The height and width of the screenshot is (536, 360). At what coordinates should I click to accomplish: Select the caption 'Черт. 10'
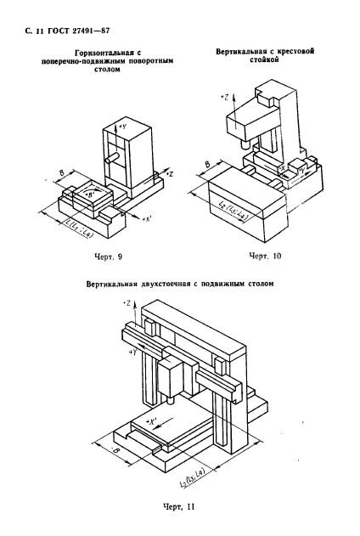[257, 255]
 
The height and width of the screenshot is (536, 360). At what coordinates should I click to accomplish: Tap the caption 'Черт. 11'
[180, 509]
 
